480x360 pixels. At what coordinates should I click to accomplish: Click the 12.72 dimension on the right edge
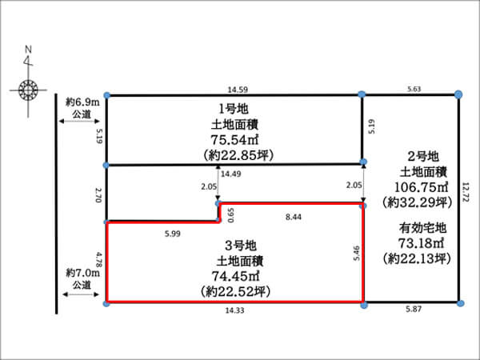click(x=466, y=195)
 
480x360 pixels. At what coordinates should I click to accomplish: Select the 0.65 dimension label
click(x=230, y=213)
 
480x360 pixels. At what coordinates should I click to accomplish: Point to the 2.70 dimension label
click(x=99, y=194)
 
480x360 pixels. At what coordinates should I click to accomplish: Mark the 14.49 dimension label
click(x=231, y=174)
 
